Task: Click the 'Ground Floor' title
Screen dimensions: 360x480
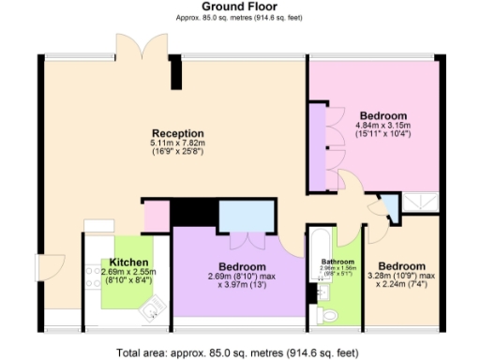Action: point(238,7)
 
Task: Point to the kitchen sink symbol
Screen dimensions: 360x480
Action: point(156,302)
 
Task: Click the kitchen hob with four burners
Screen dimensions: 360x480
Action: point(93,276)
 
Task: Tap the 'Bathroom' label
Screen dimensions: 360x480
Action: point(337,262)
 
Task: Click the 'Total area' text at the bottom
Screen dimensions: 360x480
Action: point(238,352)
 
